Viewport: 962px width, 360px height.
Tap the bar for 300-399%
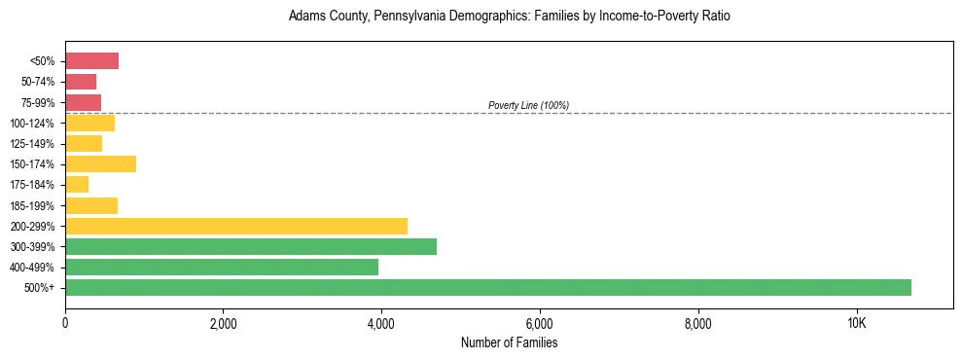tap(251, 246)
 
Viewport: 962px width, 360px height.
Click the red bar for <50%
tap(91, 61)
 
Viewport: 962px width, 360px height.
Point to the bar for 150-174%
tap(100, 163)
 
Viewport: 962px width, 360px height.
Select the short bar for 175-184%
tap(77, 184)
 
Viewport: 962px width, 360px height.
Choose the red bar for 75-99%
tap(83, 102)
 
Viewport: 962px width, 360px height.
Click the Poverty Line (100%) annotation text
tap(528, 105)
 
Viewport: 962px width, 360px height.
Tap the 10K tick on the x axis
tap(856, 323)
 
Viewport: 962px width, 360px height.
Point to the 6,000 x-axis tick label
tap(539, 323)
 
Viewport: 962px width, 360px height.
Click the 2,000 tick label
tap(223, 323)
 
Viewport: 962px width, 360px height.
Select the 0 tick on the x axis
tap(65, 323)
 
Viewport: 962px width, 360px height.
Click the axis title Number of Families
tap(509, 342)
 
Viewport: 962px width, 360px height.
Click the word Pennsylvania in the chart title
tap(394, 17)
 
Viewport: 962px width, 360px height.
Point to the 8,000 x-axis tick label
tap(697, 323)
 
